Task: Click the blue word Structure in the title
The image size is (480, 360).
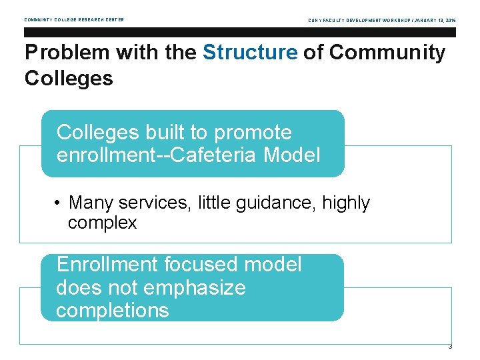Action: [x=250, y=53]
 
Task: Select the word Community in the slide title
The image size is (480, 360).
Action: [x=387, y=53]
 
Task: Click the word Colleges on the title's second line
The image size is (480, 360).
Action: [x=69, y=79]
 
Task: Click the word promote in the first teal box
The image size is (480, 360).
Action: [x=253, y=133]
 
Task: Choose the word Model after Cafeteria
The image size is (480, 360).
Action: [x=292, y=155]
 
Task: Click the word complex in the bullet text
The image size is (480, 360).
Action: [x=102, y=223]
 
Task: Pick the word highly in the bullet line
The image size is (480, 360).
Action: [x=346, y=203]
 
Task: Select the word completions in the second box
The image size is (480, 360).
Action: [x=113, y=311]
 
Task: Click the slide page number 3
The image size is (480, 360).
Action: [x=450, y=347]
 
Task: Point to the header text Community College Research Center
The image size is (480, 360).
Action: [x=74, y=20]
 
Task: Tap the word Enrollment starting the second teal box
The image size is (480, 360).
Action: [x=107, y=265]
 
